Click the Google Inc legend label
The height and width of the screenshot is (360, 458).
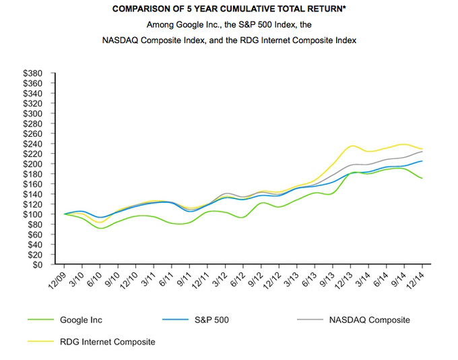[81, 320]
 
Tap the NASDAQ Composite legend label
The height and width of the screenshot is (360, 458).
[369, 320]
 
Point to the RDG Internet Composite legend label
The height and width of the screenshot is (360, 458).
[108, 342]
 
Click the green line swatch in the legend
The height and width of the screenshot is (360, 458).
[40, 320]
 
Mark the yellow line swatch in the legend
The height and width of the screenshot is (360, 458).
[40, 342]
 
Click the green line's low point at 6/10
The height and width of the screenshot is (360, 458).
[101, 229]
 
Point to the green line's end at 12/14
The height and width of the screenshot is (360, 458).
[422, 179]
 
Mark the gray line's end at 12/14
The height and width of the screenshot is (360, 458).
[422, 151]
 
